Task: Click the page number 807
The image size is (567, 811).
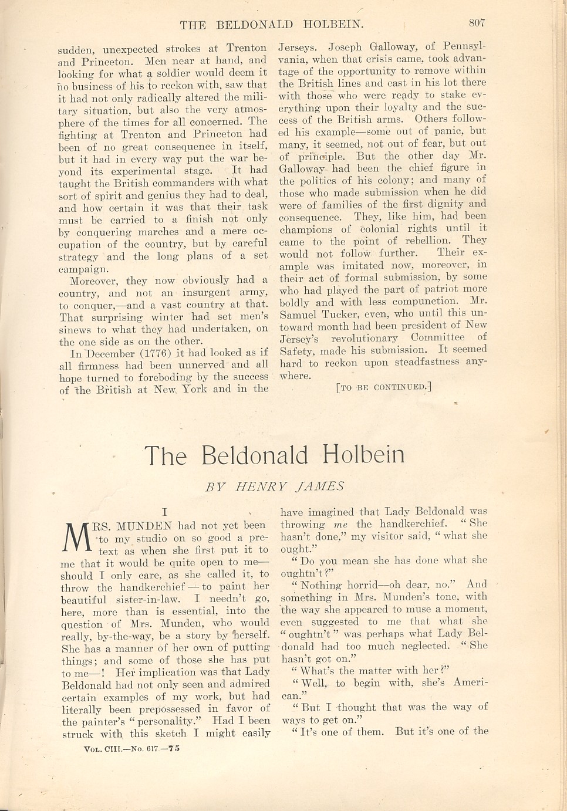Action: pyautogui.click(x=477, y=23)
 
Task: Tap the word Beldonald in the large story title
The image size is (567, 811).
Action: pyautogui.click(x=254, y=455)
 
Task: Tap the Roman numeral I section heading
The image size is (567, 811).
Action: pyautogui.click(x=166, y=512)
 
